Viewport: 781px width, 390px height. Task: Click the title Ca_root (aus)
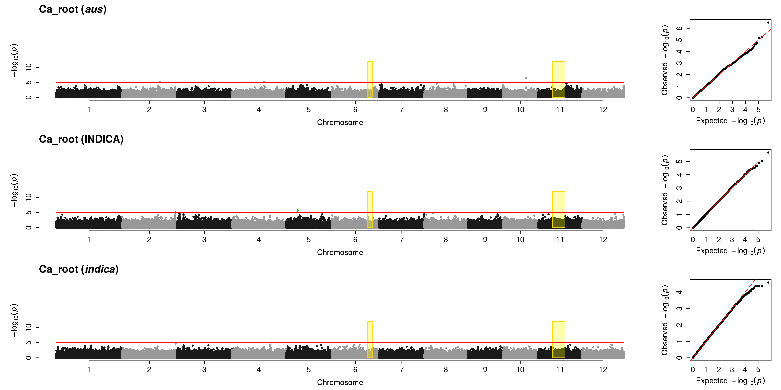point(73,9)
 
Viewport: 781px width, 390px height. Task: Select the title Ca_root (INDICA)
point(81,139)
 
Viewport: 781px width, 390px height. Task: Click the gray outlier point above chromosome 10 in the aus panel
point(526,78)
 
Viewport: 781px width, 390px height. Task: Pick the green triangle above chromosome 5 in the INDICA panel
point(298,210)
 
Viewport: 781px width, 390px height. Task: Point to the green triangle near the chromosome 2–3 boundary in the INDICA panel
point(176,212)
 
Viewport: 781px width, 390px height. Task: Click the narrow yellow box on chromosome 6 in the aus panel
point(370,79)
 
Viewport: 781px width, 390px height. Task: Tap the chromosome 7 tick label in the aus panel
point(402,110)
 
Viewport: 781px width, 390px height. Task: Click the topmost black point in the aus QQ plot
point(768,22)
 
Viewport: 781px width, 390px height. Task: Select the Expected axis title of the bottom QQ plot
point(730,381)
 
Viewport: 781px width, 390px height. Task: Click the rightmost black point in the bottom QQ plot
point(768,283)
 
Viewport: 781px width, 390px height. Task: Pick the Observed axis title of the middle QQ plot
point(665,190)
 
